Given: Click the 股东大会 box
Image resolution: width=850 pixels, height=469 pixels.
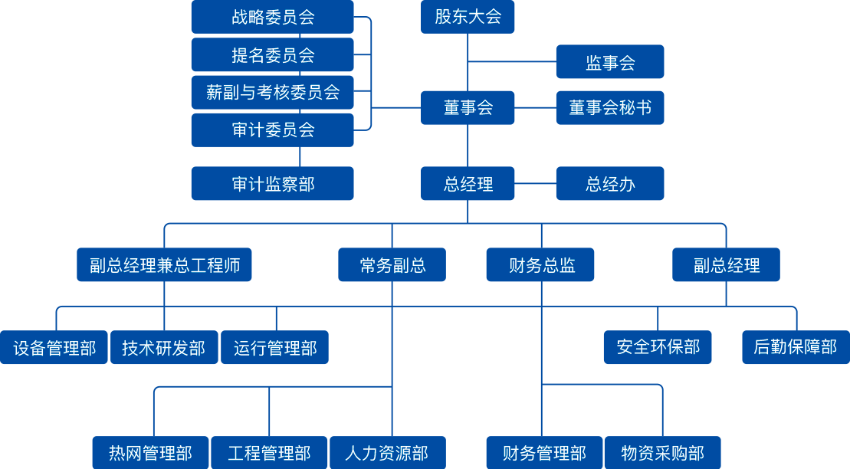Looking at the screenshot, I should [x=468, y=17].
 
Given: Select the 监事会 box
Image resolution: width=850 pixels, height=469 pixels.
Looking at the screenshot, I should [x=609, y=62].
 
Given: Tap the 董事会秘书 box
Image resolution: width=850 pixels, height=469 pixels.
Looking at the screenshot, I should [x=609, y=108].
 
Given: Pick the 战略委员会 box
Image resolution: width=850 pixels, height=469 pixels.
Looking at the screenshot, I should [x=272, y=17].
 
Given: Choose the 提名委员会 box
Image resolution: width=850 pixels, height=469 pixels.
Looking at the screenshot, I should [x=272, y=55].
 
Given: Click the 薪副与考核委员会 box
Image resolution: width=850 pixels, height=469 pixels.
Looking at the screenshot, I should [x=272, y=92].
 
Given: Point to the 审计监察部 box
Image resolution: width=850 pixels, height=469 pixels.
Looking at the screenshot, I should [x=272, y=184].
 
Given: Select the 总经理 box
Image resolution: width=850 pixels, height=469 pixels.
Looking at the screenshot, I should [x=468, y=184].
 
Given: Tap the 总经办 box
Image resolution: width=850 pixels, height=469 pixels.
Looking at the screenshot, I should [x=609, y=184].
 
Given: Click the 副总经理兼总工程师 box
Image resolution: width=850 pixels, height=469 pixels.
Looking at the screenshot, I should [x=164, y=265].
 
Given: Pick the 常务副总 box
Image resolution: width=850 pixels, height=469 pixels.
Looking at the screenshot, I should [x=392, y=265].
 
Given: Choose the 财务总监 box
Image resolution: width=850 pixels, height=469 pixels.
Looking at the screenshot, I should [x=541, y=265].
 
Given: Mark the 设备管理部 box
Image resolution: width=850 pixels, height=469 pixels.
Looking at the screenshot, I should [x=54, y=348].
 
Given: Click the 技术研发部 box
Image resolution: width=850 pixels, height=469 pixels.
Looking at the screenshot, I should [x=164, y=348].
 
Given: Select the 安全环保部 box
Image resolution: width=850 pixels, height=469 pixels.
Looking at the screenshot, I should [x=658, y=347].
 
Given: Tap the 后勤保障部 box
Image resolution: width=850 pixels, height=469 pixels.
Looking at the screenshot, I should [x=795, y=347].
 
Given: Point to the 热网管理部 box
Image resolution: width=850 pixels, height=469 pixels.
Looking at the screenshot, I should [x=150, y=453].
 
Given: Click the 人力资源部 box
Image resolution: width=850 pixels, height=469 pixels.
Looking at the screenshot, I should [x=387, y=453].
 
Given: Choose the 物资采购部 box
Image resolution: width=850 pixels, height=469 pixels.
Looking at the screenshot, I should [x=662, y=453].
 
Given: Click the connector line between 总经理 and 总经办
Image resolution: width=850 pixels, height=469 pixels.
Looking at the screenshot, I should [x=535, y=184].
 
